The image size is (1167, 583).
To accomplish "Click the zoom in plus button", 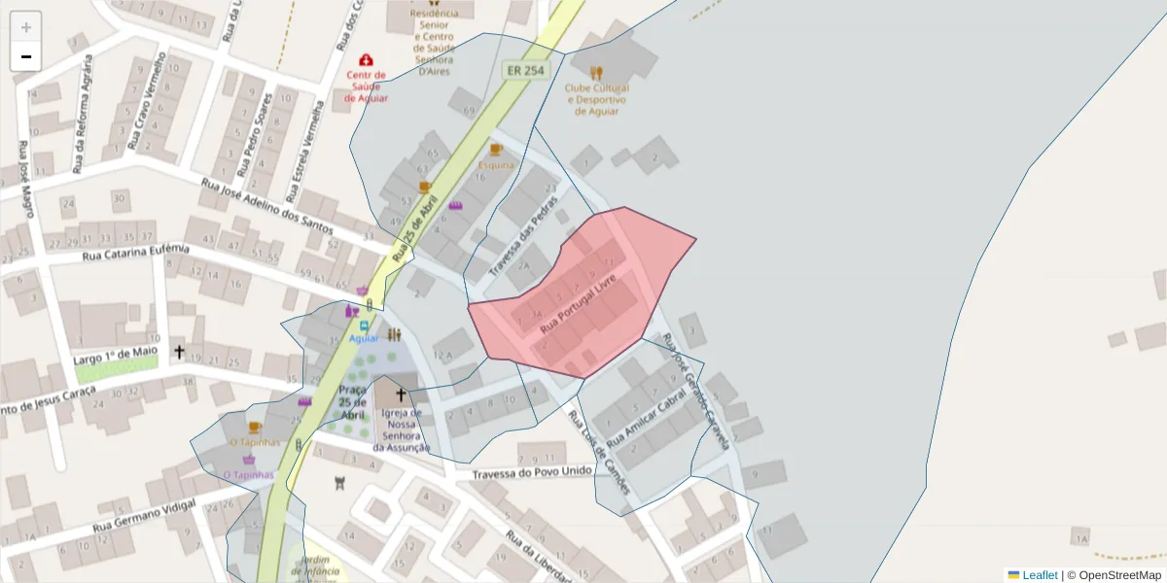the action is (x=26, y=27).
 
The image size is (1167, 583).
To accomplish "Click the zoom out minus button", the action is (x=26, y=56).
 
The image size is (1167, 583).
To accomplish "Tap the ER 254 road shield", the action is (x=526, y=71).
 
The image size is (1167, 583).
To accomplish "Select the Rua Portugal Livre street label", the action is (x=578, y=304).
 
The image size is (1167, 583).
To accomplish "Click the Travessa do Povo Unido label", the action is (x=532, y=472).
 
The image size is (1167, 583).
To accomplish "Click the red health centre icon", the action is (x=366, y=60).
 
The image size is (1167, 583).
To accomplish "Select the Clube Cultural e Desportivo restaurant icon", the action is (x=596, y=73).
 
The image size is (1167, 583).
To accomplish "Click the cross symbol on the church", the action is (x=401, y=394).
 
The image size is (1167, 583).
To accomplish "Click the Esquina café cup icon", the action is (x=495, y=150).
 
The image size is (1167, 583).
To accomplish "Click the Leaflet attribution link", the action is (x=1040, y=575).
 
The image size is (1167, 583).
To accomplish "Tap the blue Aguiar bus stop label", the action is (x=364, y=338).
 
